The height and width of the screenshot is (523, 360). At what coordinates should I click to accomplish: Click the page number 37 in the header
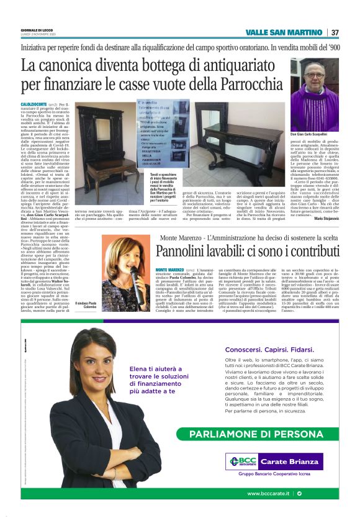coord(335,32)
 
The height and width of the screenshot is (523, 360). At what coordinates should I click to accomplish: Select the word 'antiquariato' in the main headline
coord(223,65)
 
